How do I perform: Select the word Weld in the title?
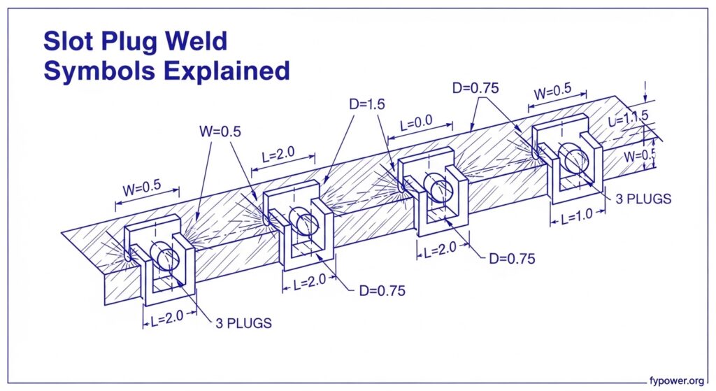(x=199, y=42)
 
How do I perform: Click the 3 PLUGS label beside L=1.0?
(x=643, y=198)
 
